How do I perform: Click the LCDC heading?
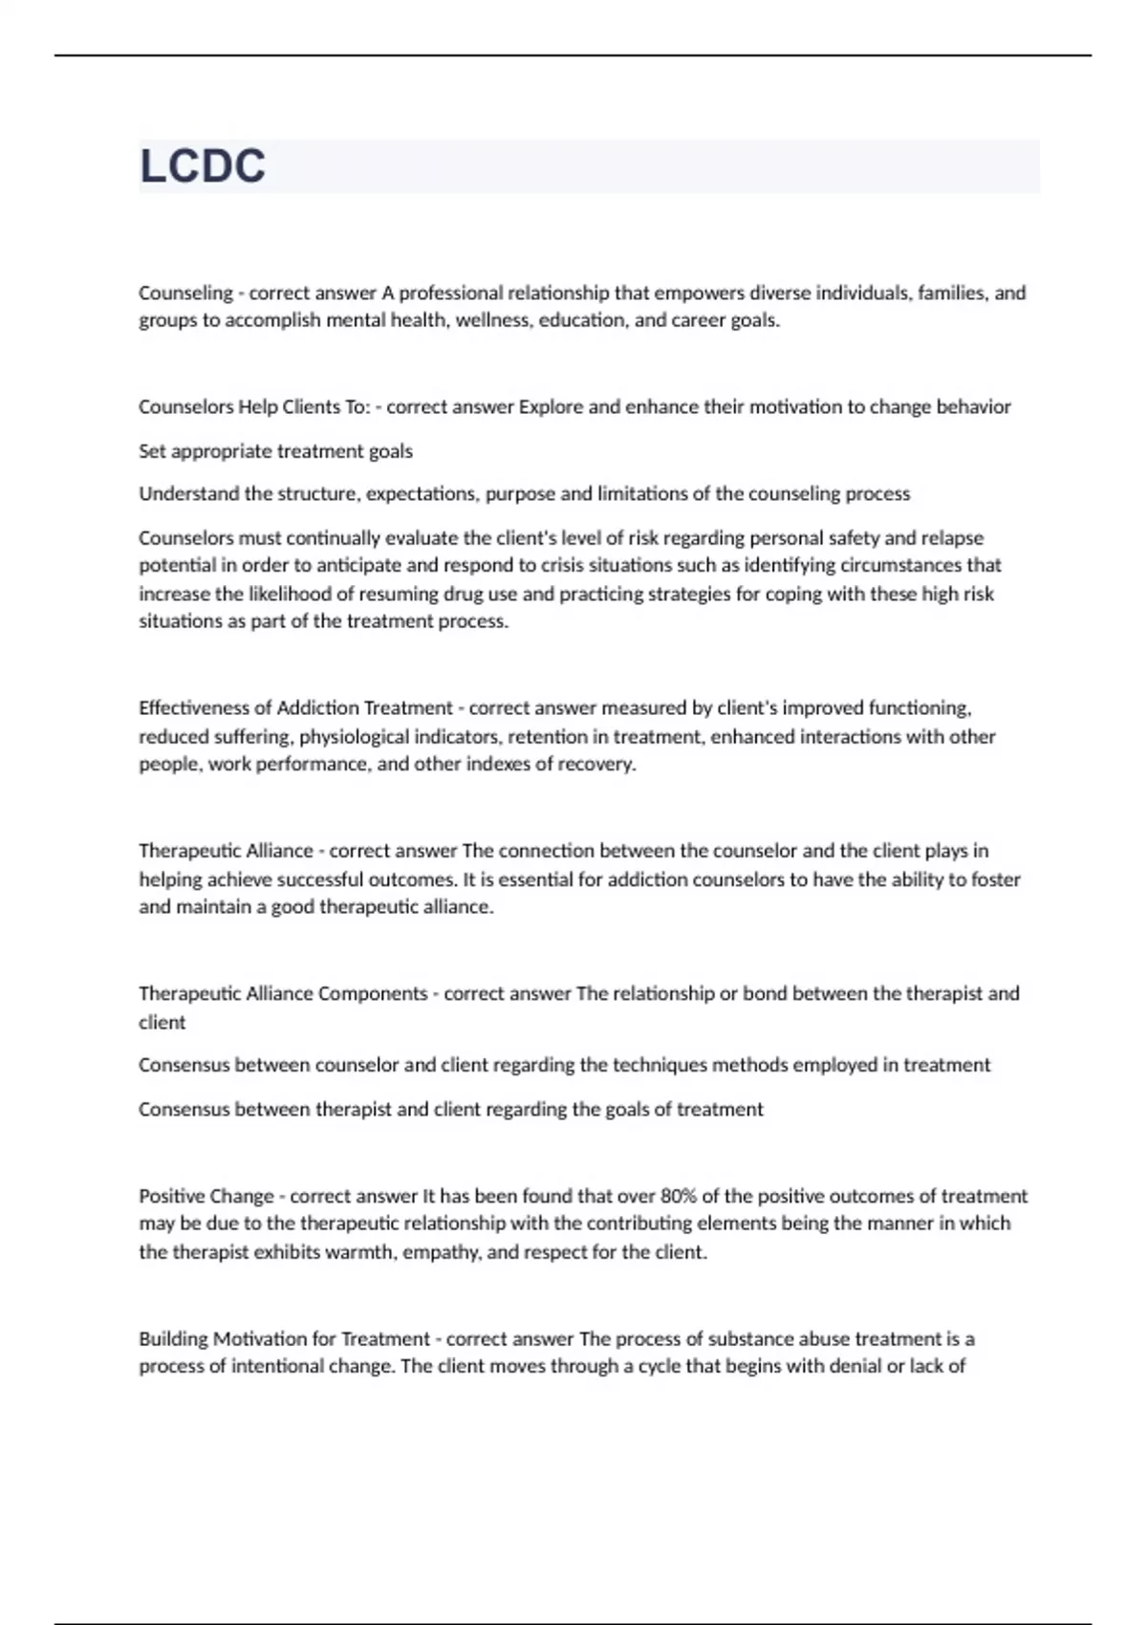click(x=203, y=166)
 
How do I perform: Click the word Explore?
click(x=551, y=407)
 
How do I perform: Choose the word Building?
click(x=173, y=1339)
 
